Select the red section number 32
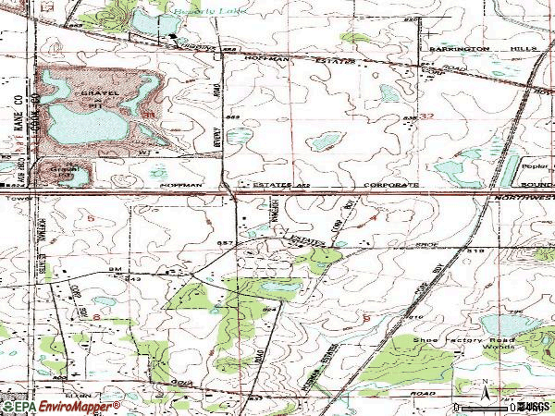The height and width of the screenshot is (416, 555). point(425,117)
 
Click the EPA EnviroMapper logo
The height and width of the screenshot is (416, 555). point(60,406)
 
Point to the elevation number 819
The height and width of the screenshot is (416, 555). point(475,250)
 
